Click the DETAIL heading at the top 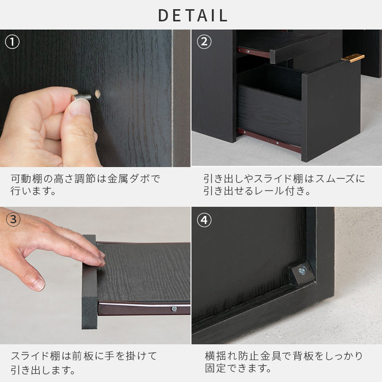(x=193, y=15)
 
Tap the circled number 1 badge (x=12, y=42)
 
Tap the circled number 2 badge (x=204, y=42)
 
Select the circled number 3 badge (x=13, y=220)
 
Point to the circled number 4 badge (x=204, y=220)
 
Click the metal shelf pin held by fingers (x=81, y=97)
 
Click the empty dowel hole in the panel (x=98, y=94)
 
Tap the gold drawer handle (x=353, y=58)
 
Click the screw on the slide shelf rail (x=174, y=309)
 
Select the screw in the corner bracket (x=302, y=270)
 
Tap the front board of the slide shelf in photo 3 (x=90, y=282)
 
